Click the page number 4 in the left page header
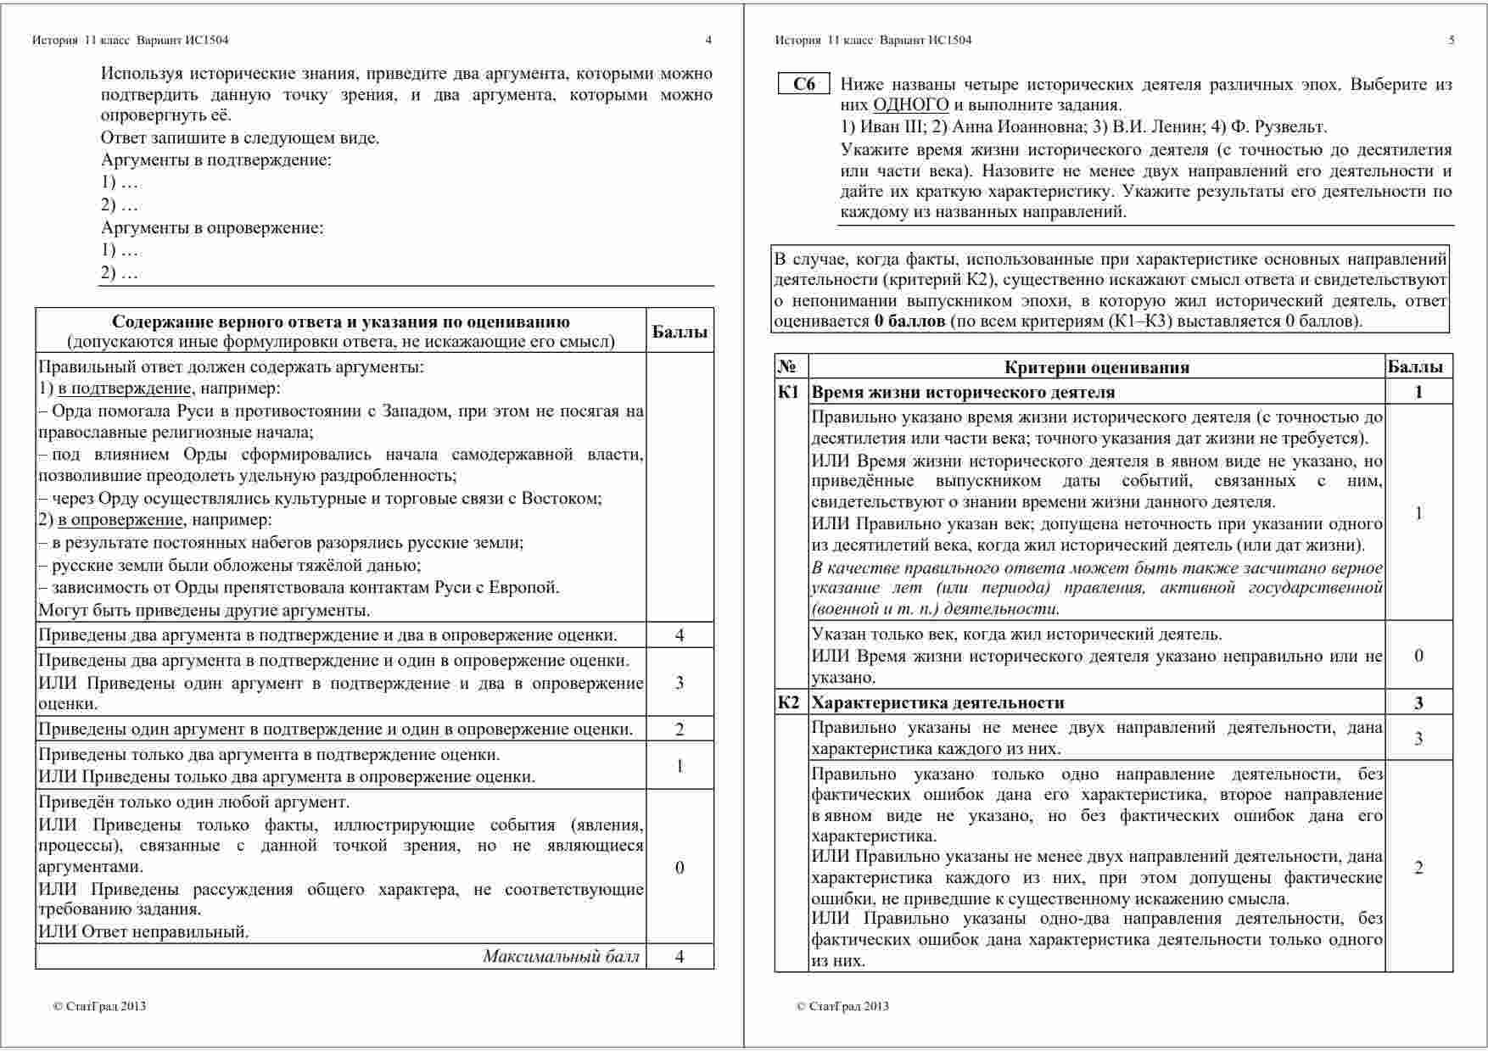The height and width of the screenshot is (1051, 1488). point(708,40)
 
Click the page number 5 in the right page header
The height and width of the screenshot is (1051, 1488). point(1452,40)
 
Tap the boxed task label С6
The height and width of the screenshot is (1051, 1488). point(803,84)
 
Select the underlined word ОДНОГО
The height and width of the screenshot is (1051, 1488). point(911,105)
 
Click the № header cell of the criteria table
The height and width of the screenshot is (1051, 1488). point(786,366)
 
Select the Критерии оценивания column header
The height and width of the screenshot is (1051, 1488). point(1096,367)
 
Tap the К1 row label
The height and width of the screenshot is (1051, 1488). point(789,392)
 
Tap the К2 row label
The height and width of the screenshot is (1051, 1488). point(789,702)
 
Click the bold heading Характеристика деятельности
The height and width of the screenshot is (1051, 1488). point(937,702)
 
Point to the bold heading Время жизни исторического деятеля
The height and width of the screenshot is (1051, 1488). point(963,392)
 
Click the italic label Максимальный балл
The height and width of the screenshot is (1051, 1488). point(561,957)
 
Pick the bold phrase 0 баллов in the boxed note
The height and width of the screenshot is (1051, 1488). point(909,321)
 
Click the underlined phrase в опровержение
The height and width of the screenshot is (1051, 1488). point(120,520)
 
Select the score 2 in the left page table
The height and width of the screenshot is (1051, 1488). point(680,730)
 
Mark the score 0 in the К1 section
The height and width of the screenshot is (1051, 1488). point(1418,656)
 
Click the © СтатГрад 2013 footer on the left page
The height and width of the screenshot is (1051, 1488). point(99,1006)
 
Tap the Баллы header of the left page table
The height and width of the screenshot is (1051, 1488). point(680,332)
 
